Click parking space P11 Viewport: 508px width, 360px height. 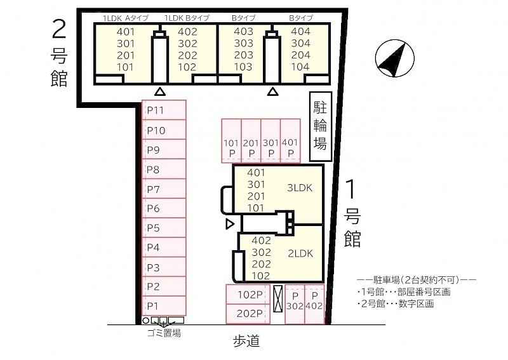point(164,110)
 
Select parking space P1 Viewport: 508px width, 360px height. point(164,305)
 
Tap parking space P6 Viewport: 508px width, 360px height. point(164,208)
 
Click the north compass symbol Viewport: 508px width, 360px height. point(394,58)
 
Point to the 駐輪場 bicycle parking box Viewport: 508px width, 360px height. point(321,126)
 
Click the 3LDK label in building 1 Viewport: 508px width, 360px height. point(300,187)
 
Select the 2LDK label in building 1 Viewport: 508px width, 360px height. point(300,253)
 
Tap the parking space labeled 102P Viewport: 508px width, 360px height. point(248,295)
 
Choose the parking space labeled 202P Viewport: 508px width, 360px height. point(248,314)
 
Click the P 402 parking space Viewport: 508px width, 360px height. point(314,304)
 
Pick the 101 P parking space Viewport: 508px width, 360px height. point(231,140)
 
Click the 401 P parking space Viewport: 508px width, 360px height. point(290,140)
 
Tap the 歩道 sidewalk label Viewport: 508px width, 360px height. point(246,341)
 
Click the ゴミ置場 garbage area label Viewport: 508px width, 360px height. point(164,333)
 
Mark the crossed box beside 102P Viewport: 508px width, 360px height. point(278,299)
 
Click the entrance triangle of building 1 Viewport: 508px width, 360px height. point(230,224)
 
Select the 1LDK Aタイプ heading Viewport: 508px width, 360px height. point(126,18)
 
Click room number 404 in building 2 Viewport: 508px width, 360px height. point(300,32)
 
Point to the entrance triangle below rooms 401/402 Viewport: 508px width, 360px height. point(160,91)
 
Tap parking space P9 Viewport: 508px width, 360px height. point(164,150)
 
